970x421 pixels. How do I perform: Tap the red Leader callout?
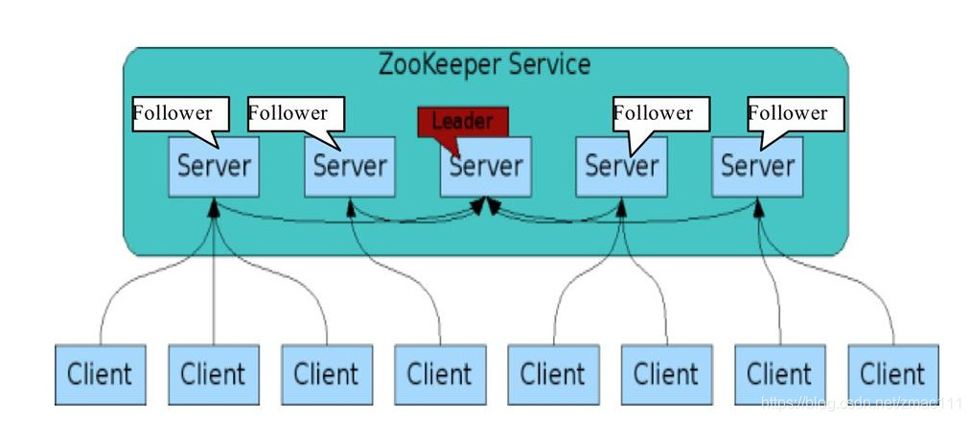tap(462, 121)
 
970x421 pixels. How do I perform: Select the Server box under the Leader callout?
tap(486, 166)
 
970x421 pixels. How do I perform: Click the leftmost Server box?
tap(214, 166)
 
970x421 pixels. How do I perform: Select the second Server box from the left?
tap(350, 166)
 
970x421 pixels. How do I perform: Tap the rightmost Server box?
tap(758, 166)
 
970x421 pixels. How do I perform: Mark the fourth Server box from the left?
tap(622, 166)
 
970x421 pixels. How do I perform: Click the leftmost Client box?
tap(100, 372)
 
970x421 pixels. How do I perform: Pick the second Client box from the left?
tap(213, 372)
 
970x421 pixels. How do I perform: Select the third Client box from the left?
tap(326, 372)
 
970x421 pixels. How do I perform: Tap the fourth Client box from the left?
tap(439, 372)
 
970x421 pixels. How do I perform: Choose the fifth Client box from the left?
tap(552, 372)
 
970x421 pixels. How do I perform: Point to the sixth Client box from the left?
tap(665, 372)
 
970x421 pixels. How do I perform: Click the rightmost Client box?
tap(891, 372)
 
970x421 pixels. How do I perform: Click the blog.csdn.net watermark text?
tap(858, 404)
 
